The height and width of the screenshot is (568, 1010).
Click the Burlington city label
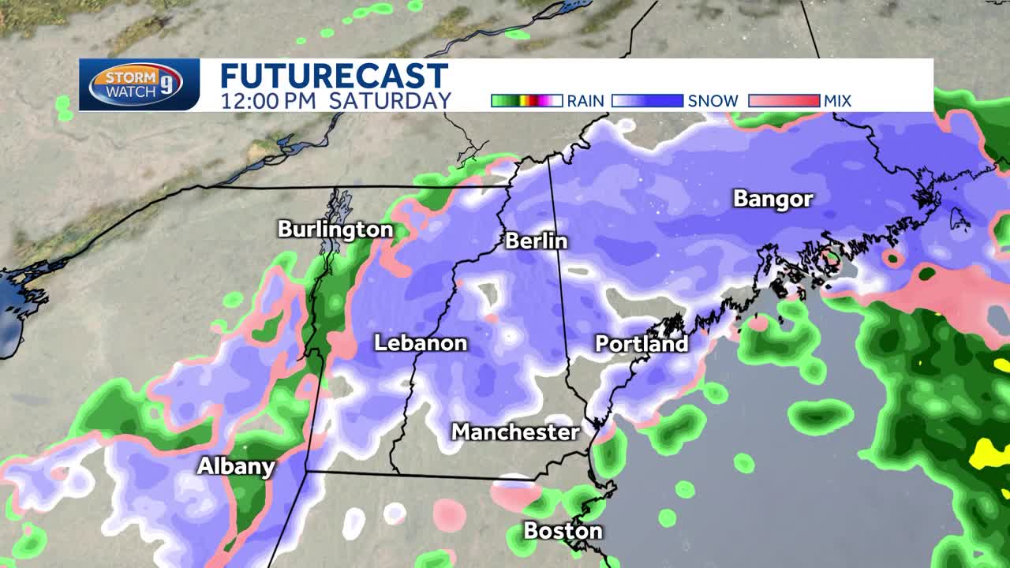(x=335, y=230)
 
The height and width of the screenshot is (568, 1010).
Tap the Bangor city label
(x=772, y=199)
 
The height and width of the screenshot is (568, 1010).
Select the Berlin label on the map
(x=536, y=241)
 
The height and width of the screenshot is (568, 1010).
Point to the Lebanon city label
(x=421, y=343)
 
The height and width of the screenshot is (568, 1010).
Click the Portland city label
(x=642, y=344)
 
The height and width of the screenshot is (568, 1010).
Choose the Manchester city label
(x=515, y=432)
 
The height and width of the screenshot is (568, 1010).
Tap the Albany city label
(x=236, y=466)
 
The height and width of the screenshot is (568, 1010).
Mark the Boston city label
(x=563, y=531)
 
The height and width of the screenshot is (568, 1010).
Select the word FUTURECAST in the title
(x=334, y=77)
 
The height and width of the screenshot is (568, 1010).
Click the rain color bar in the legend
(x=526, y=101)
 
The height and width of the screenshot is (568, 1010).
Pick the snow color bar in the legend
(x=647, y=101)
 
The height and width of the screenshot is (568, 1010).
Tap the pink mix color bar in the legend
(x=784, y=101)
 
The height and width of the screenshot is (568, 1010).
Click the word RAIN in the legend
(x=585, y=101)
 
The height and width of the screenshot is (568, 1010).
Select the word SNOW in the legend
(x=713, y=101)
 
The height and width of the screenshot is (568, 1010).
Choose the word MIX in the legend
(x=838, y=101)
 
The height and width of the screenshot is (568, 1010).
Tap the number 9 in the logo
(x=166, y=85)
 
